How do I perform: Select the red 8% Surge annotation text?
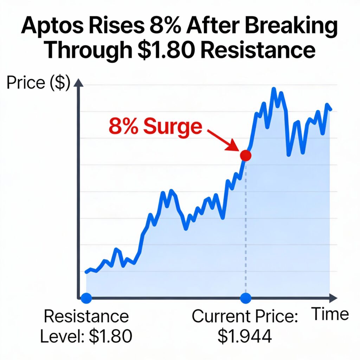[x=155, y=127]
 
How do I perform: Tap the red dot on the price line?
[x=245, y=155]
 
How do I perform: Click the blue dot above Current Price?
[x=245, y=298]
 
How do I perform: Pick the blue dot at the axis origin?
[x=86, y=298]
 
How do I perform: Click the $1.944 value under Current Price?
[x=245, y=336]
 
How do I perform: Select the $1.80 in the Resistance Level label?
[x=110, y=336]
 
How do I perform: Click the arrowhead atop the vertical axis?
[x=79, y=83]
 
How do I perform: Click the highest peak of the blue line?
[x=274, y=89]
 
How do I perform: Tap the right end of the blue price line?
[x=330, y=109]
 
